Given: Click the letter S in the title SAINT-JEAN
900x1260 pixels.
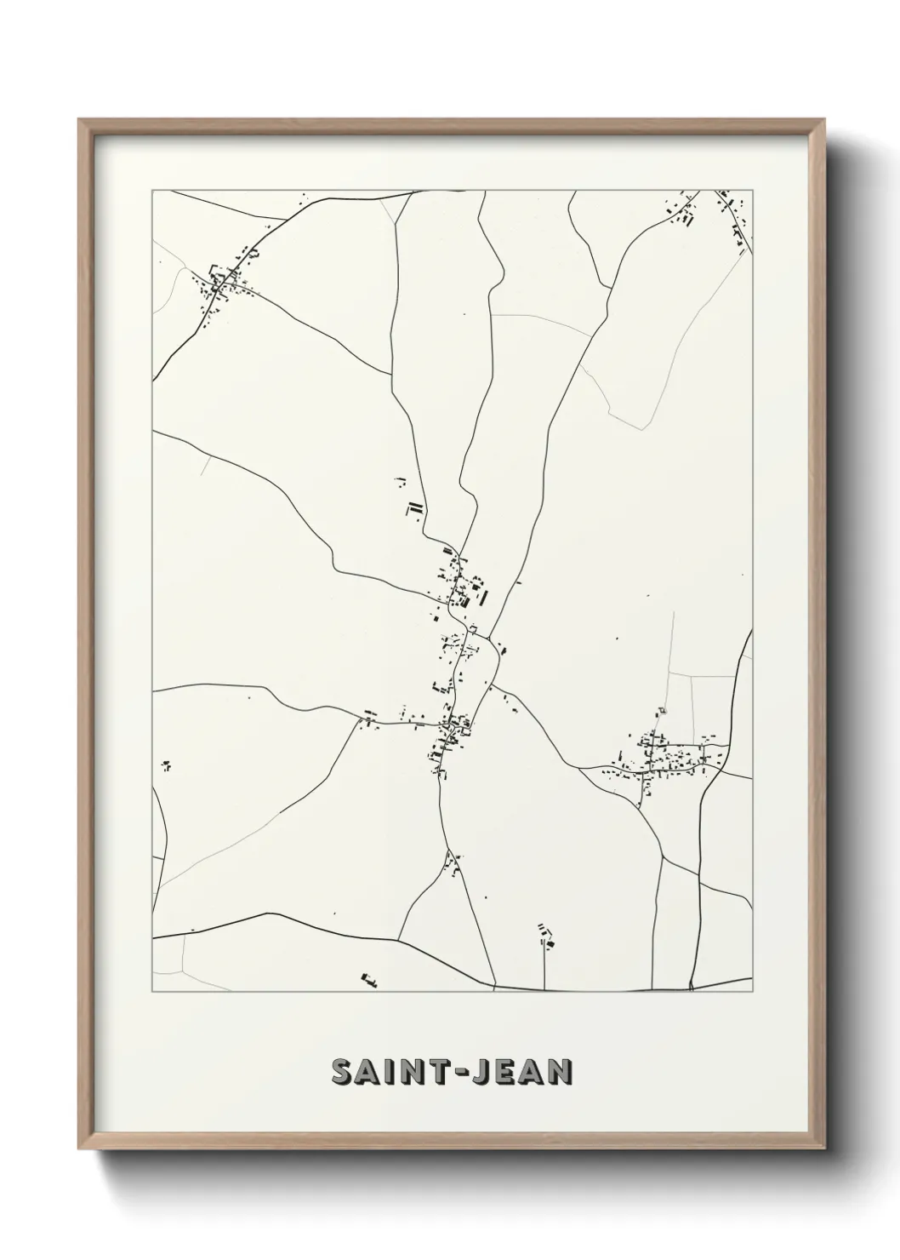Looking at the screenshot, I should click(x=345, y=1073).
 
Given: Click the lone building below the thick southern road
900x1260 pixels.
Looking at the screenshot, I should click(x=368, y=980).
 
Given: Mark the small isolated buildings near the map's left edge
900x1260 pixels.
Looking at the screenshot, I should click(x=167, y=766).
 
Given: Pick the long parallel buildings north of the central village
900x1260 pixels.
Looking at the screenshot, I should click(x=414, y=510).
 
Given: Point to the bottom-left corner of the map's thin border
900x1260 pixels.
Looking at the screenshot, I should click(x=152, y=992).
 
